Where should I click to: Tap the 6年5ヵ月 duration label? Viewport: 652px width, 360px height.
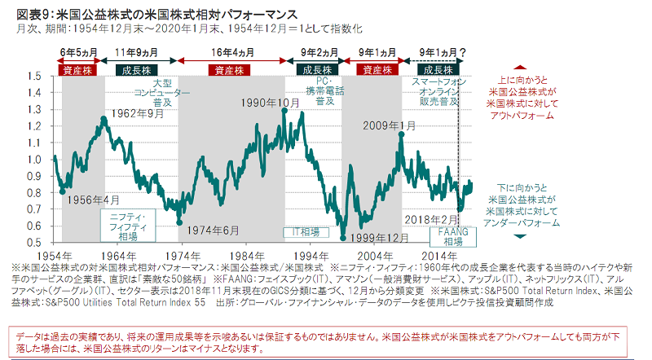(x=78, y=52)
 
